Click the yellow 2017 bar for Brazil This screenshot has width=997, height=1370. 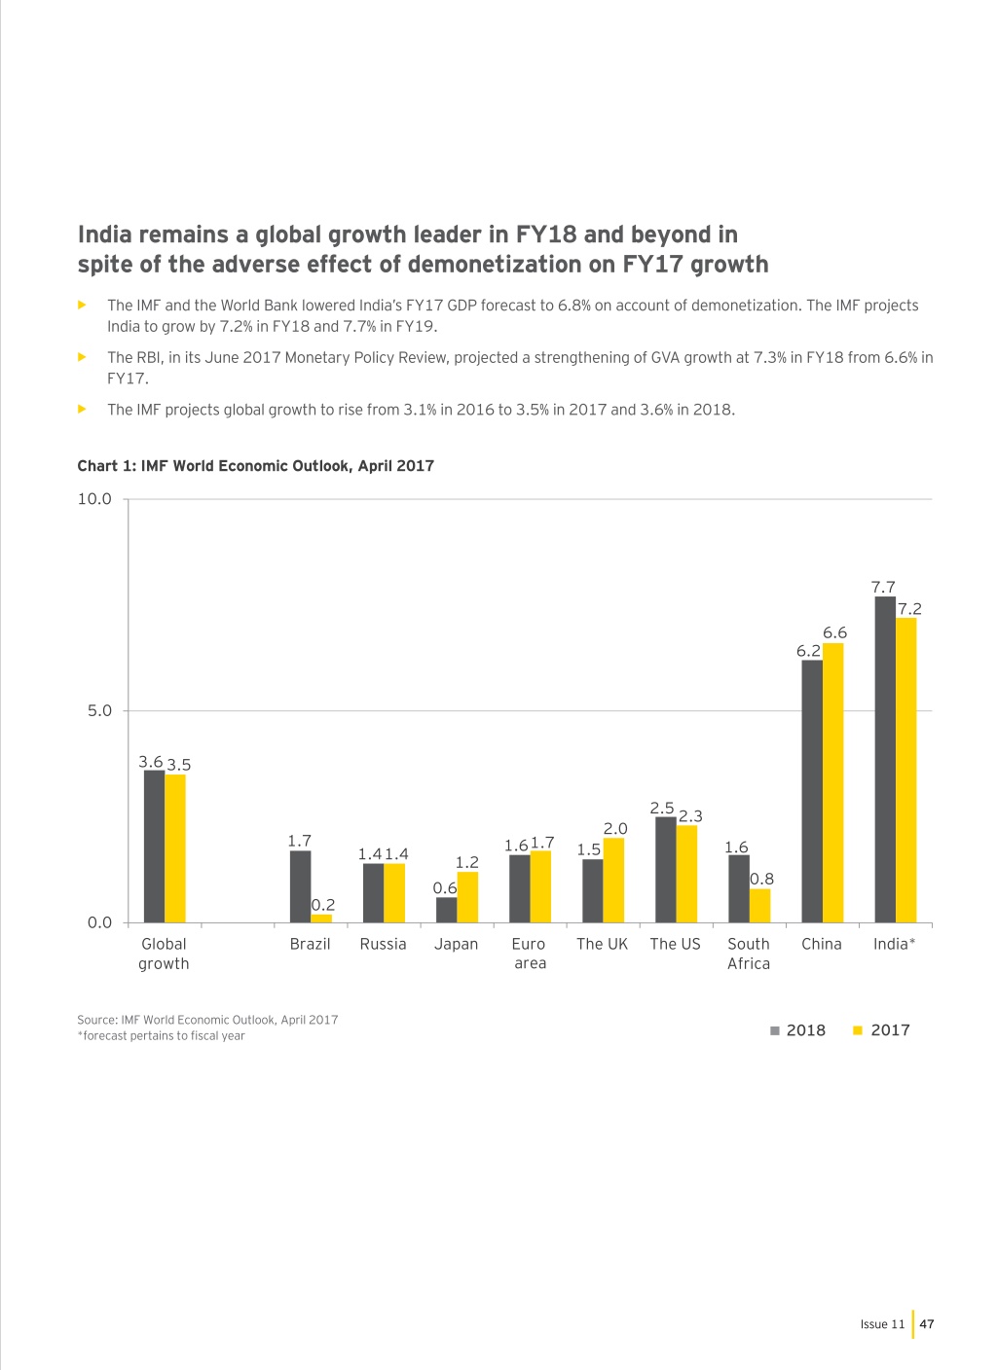tap(321, 918)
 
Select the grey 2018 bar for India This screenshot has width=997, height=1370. tap(885, 759)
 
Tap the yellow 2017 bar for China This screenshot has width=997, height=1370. tap(833, 782)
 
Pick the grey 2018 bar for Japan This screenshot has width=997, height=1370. tap(446, 910)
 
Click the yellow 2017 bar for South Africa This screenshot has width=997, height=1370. tap(760, 905)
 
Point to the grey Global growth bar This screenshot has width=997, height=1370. tap(154, 846)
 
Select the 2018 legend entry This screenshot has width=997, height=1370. tap(797, 1030)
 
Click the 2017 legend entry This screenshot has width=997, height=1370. tap(881, 1030)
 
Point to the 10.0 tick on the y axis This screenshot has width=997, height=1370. tap(94, 499)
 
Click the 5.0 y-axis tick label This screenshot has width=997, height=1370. tap(99, 710)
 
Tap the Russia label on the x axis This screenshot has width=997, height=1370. tap(384, 944)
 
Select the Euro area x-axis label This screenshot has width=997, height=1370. tap(530, 953)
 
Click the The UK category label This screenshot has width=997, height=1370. tap(603, 944)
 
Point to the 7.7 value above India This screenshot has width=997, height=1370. tap(883, 587)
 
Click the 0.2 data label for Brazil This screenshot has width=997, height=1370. tap(323, 904)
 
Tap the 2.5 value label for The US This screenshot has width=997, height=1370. tap(662, 808)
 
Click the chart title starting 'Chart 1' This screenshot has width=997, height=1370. tap(255, 466)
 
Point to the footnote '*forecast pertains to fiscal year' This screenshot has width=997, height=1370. tap(161, 1035)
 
